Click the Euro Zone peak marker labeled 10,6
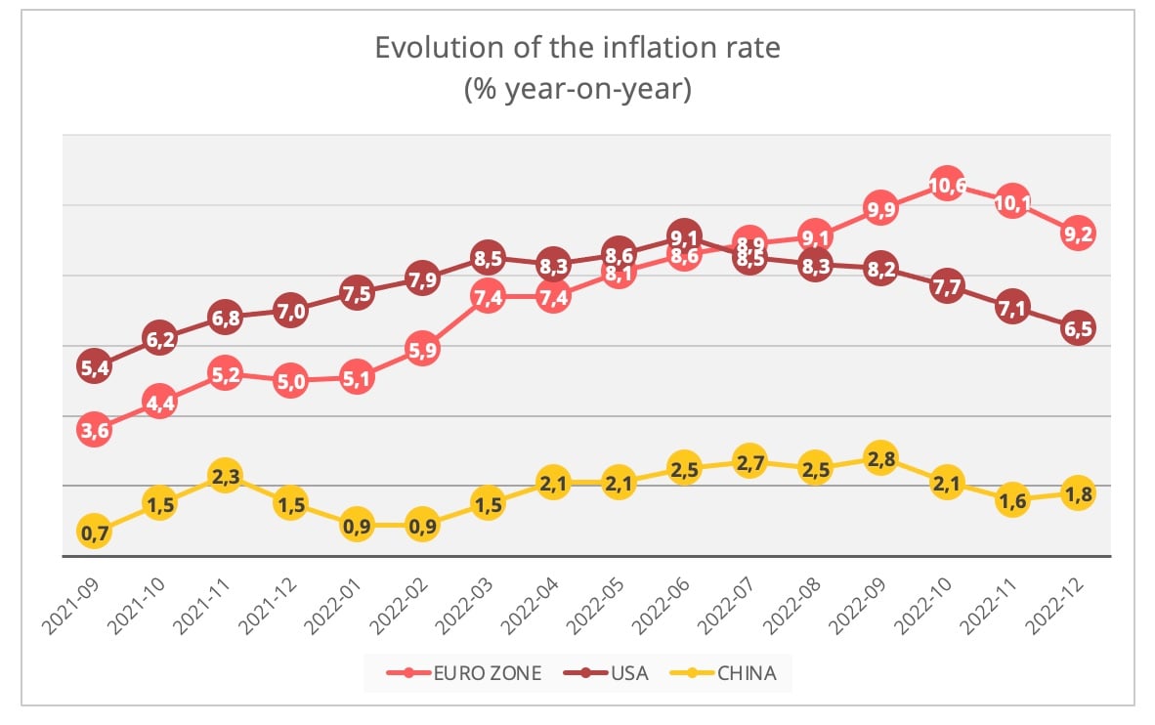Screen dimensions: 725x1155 click(x=947, y=184)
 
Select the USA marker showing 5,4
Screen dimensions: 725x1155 click(x=94, y=366)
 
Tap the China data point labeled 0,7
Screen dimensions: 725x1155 click(x=94, y=533)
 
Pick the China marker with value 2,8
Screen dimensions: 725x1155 click(x=881, y=459)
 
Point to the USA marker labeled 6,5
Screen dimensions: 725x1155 click(x=1078, y=328)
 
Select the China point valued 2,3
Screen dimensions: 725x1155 click(x=225, y=476)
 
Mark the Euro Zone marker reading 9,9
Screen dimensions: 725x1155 click(x=881, y=208)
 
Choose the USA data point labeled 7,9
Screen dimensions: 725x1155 click(x=422, y=278)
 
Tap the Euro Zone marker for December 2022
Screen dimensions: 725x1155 click(x=1078, y=234)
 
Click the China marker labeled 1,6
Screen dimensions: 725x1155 click(x=1012, y=501)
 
